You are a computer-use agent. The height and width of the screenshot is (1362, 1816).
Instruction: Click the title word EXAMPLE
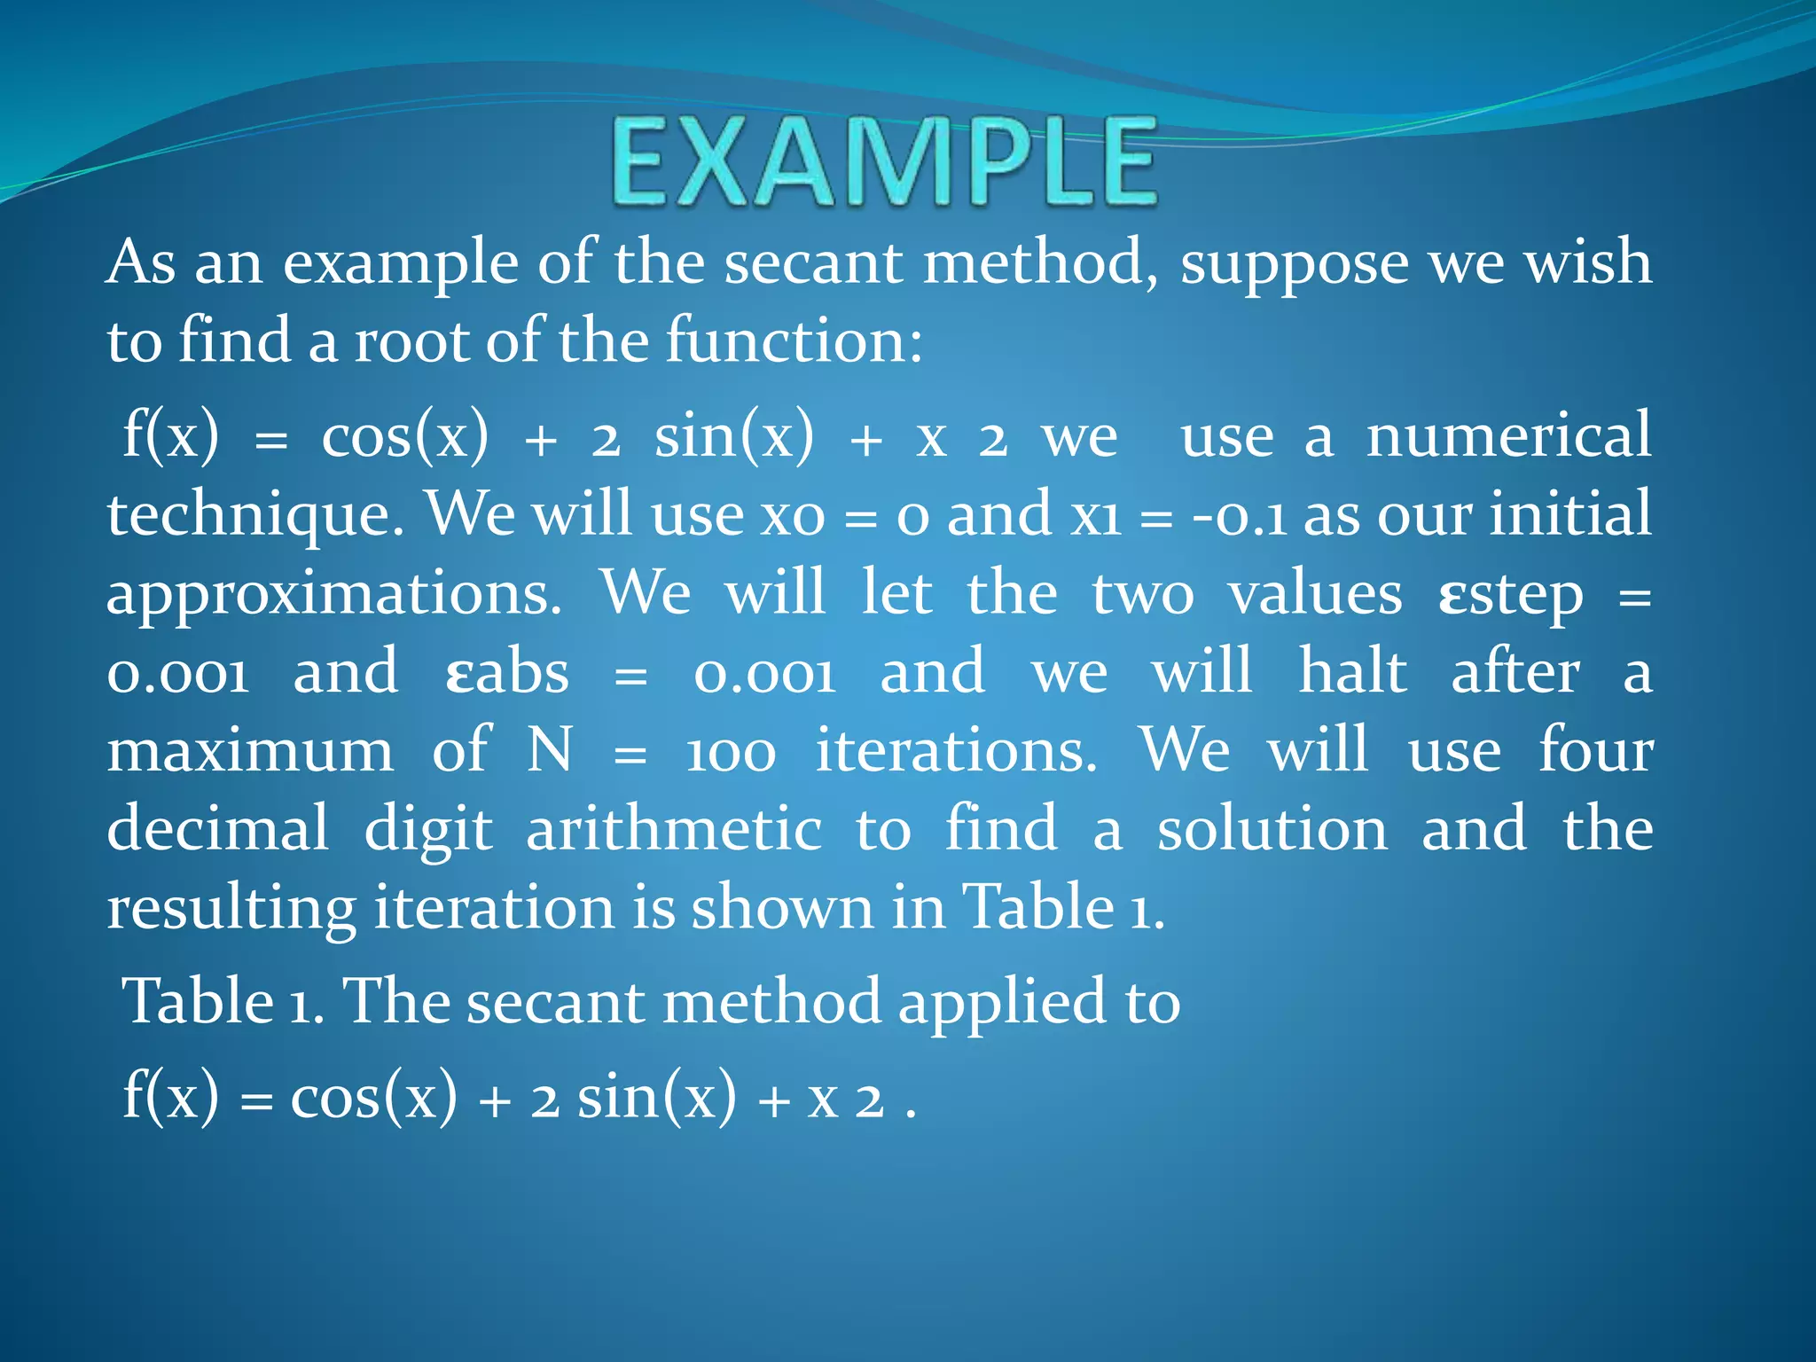[x=884, y=164]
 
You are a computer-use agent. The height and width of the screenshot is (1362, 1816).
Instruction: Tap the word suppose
[x=1294, y=264]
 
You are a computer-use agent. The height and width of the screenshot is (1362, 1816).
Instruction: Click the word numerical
[x=1508, y=436]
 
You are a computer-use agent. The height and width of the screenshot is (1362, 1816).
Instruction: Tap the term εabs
[x=506, y=673]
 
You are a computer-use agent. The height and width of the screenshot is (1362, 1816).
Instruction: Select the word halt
[x=1352, y=671]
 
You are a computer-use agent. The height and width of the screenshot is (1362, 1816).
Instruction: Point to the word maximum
[x=250, y=751]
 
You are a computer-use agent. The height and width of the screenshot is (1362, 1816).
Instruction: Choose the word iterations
[x=956, y=751]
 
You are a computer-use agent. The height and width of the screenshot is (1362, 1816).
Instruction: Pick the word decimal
[x=217, y=829]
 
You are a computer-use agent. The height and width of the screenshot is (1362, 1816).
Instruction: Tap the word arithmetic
[x=674, y=829]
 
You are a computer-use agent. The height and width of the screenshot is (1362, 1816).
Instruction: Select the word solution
[x=1272, y=829]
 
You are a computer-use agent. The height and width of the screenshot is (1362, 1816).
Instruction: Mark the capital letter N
[x=549, y=751]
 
